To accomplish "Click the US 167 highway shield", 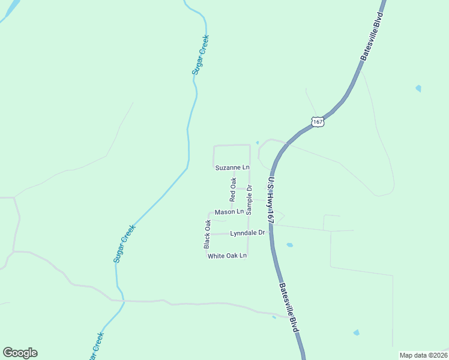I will coord(318,122).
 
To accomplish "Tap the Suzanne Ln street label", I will coord(232,167).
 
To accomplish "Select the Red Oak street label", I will coord(233,189).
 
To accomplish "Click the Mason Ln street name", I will coord(229,212).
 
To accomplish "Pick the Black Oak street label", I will coord(208,234).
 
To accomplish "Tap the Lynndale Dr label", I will coord(247,233).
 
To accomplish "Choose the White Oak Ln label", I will coord(227,256).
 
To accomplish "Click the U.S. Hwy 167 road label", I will coord(271,200).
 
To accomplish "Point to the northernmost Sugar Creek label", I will coord(200,55).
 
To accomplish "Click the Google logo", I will coord(20,353).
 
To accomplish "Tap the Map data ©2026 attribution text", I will coord(423,355).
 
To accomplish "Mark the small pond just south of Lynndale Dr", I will coord(290,245).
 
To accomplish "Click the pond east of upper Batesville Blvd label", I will coord(418,88).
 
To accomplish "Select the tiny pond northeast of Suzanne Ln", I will coord(257,142).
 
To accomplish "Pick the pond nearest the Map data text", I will coord(357,332).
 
